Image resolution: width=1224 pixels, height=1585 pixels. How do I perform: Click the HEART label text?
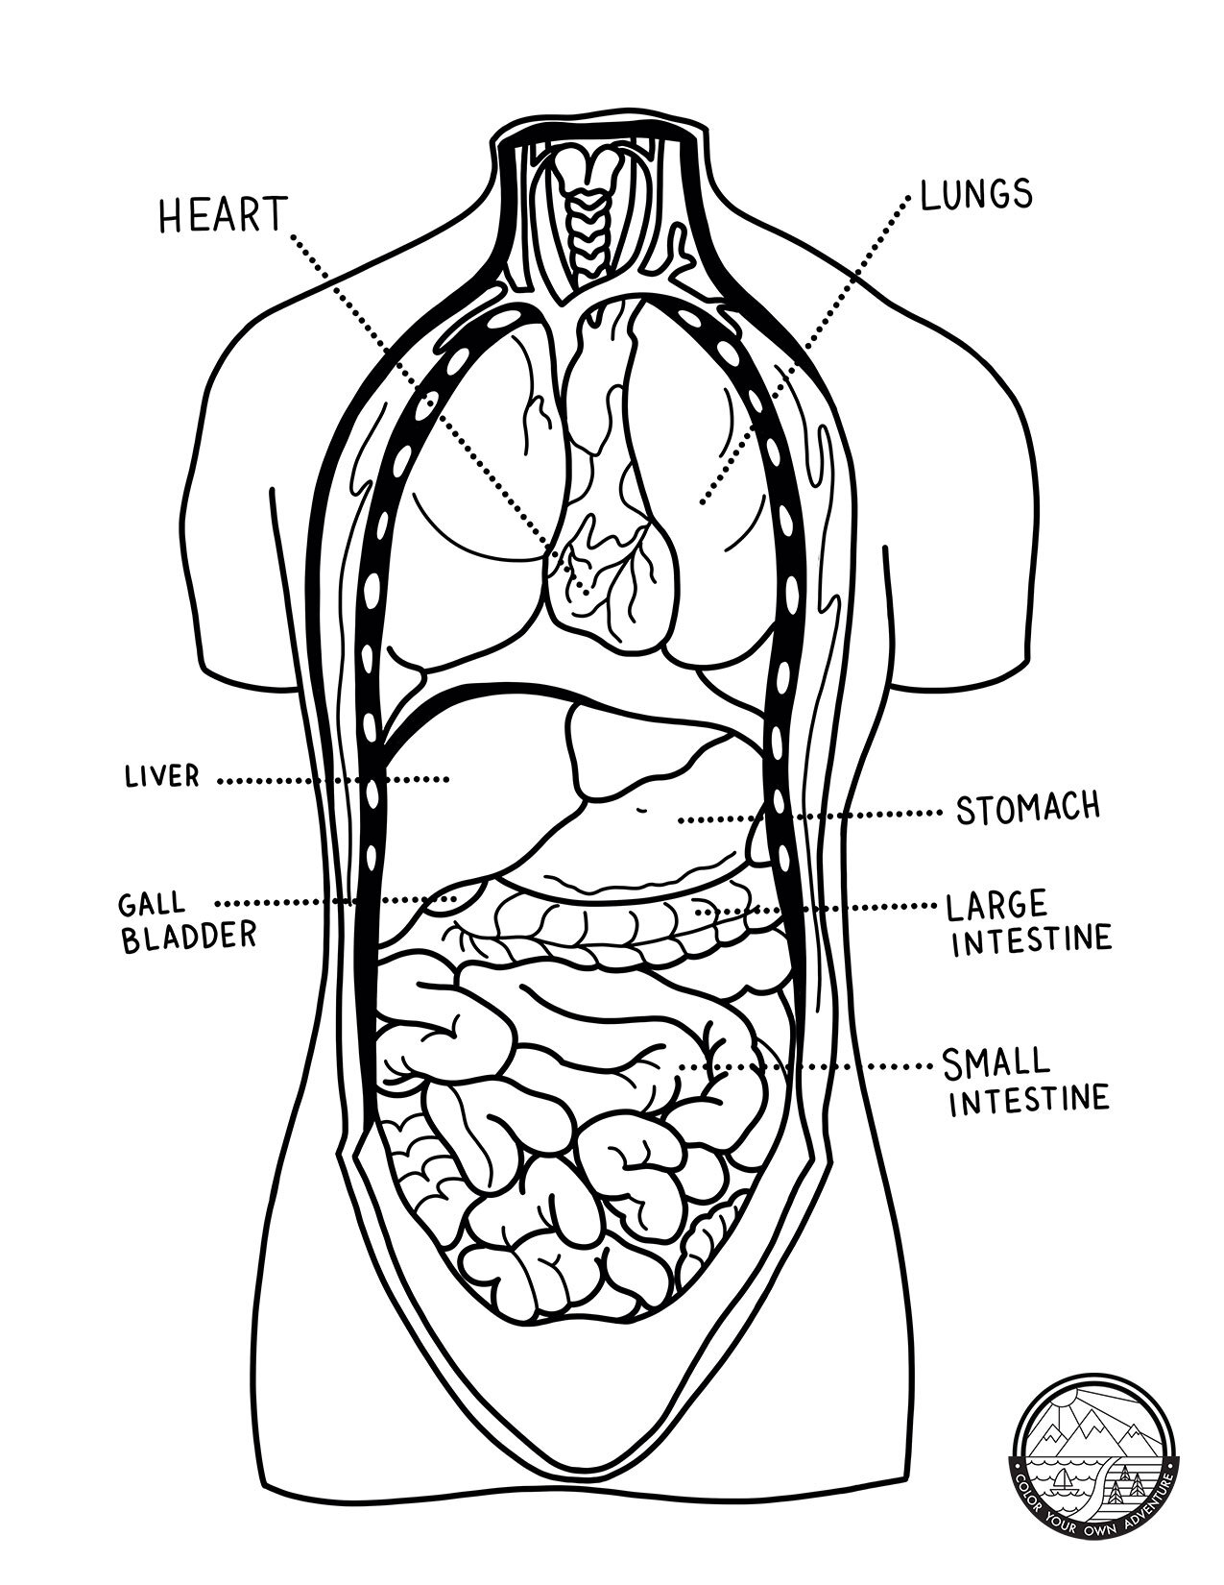tap(223, 215)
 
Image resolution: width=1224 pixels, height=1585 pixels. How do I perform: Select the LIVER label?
tap(161, 776)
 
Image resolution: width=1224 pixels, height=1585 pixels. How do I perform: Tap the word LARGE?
tap(996, 906)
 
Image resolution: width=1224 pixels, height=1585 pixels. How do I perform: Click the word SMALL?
tap(996, 1062)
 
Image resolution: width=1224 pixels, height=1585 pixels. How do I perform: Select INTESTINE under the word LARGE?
tap(1030, 939)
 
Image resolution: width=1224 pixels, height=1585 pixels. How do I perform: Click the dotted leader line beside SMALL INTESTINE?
tap(806, 1066)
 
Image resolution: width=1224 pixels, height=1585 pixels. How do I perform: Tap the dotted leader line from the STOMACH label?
tap(806, 817)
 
